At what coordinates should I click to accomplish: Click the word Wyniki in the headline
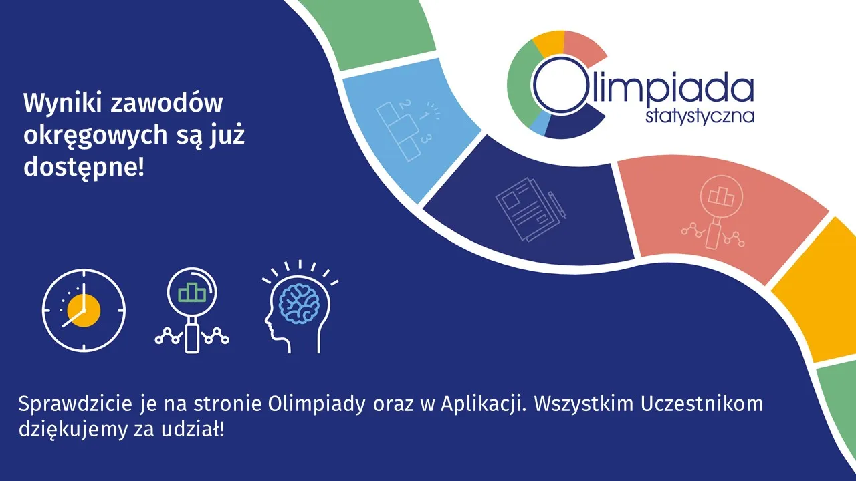coord(64,104)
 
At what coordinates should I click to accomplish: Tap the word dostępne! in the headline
coord(84,168)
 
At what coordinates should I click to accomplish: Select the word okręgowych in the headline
coord(96,136)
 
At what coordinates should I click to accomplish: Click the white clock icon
coord(84,311)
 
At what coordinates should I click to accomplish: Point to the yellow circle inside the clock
coord(84,311)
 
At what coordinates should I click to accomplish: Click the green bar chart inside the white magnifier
coord(192,292)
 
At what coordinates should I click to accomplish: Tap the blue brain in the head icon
coord(299,304)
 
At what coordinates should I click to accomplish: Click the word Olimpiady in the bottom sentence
coord(316,405)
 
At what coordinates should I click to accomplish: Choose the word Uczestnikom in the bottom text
coord(702,404)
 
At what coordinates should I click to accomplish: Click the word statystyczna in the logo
coord(700,116)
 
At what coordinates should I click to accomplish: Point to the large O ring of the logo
coord(534,85)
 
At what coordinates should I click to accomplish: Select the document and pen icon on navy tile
coord(530,209)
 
